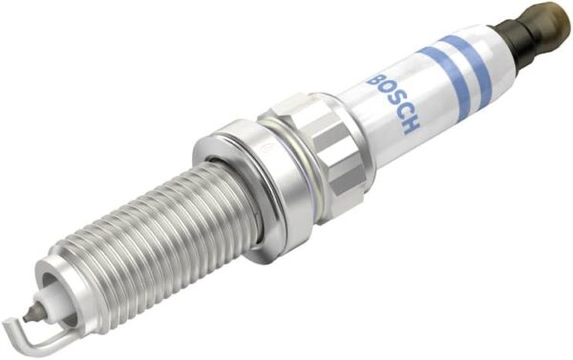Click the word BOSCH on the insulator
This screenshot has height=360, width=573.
(393, 104)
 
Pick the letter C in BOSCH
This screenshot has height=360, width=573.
(401, 114)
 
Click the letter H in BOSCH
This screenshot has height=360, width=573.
(410, 126)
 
